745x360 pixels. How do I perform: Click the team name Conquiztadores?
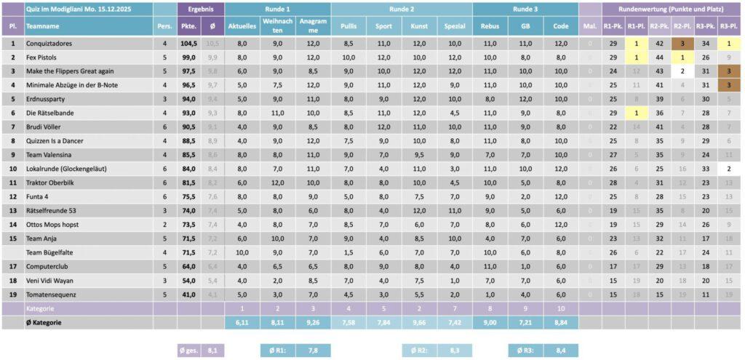click(49, 44)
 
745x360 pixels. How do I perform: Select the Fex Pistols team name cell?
click(41, 57)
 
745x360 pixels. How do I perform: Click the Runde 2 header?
click(402, 9)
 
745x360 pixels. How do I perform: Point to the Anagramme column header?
click(314, 26)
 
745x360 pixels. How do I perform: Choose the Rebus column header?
click(490, 26)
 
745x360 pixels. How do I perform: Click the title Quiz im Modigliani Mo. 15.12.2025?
click(73, 9)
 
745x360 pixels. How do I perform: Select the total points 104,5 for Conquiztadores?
click(189, 44)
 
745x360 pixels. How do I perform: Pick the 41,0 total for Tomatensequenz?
click(189, 295)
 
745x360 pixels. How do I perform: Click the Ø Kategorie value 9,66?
click(419, 322)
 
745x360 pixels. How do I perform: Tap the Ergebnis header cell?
click(199, 9)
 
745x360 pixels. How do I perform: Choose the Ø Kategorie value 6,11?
click(242, 322)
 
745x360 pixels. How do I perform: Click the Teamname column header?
click(43, 26)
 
